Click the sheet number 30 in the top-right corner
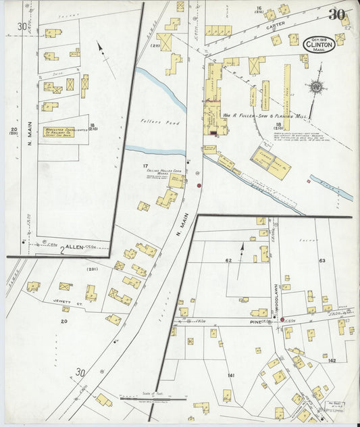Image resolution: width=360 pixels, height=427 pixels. click(338, 14)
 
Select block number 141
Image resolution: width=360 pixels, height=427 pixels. click(230, 375)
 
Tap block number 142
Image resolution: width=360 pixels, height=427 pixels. click(332, 361)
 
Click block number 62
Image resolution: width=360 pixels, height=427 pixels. click(228, 259)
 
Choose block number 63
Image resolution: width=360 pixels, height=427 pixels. click(322, 260)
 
